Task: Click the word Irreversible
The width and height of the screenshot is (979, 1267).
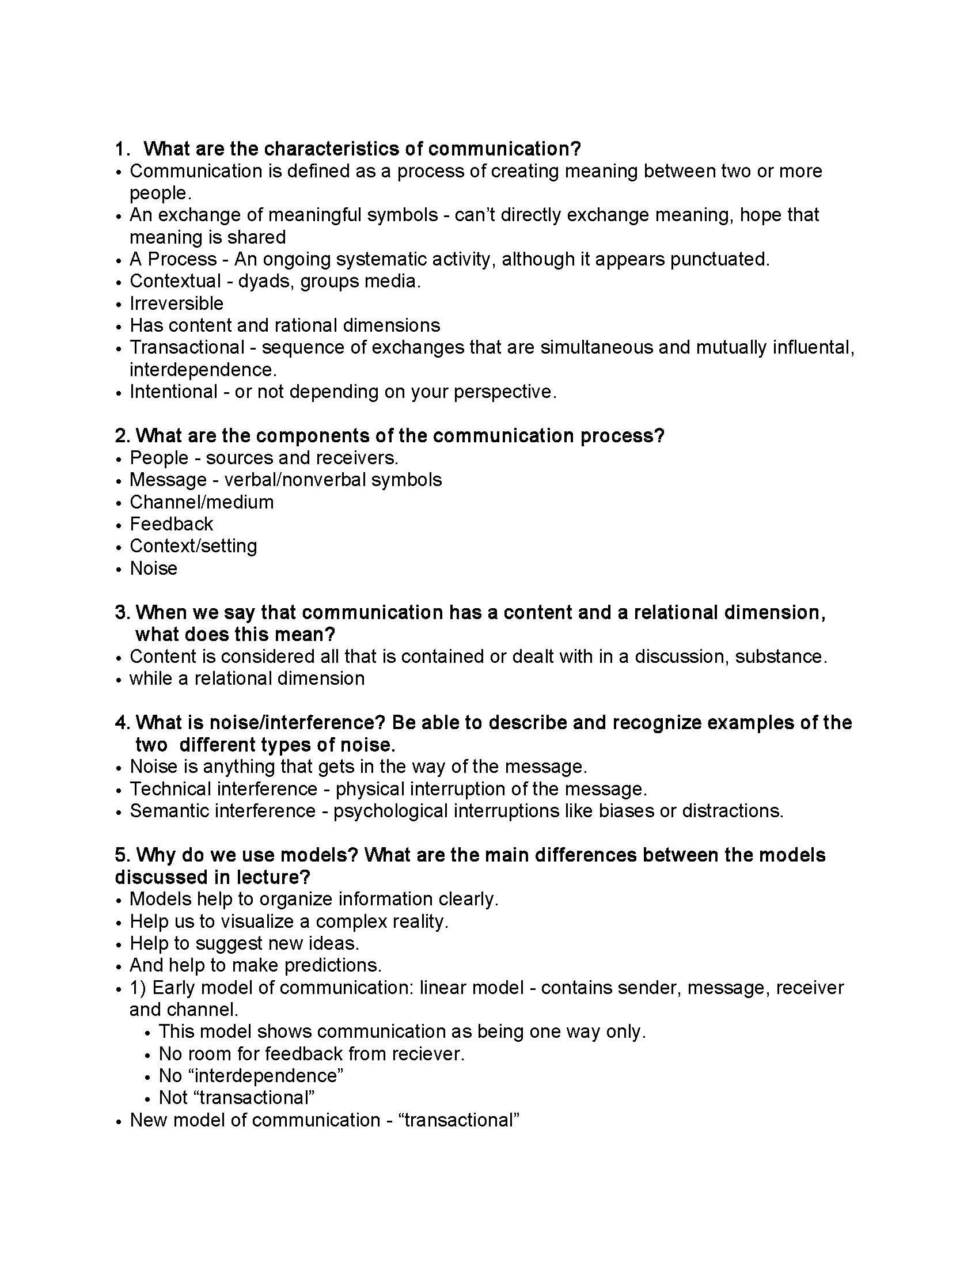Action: [176, 304]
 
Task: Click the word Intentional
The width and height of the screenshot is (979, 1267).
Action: [173, 392]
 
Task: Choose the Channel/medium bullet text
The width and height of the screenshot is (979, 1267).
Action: [201, 502]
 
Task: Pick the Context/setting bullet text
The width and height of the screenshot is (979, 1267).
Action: [193, 546]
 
